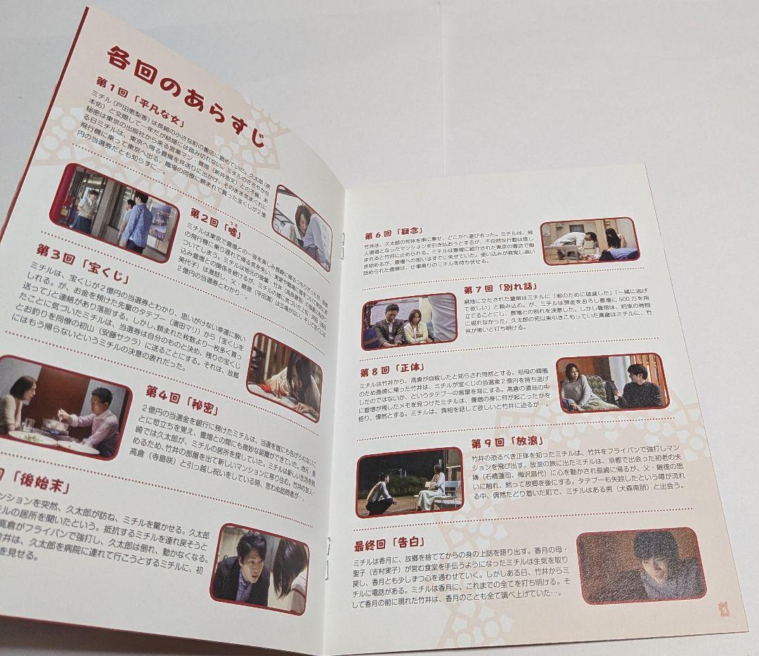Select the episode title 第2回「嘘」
point(215,219)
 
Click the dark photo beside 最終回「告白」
point(640,565)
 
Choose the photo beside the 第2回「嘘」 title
point(303,227)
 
